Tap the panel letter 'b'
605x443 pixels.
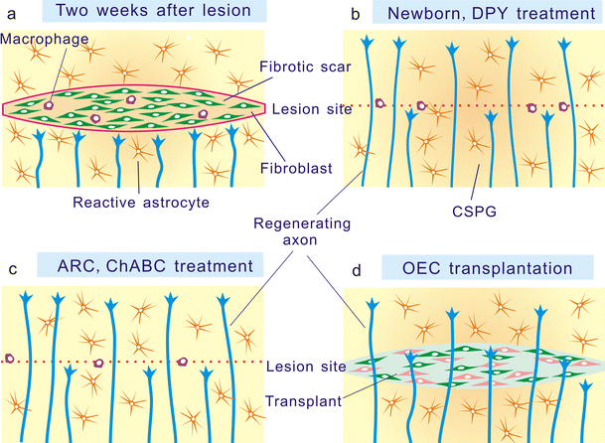[349, 11]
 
